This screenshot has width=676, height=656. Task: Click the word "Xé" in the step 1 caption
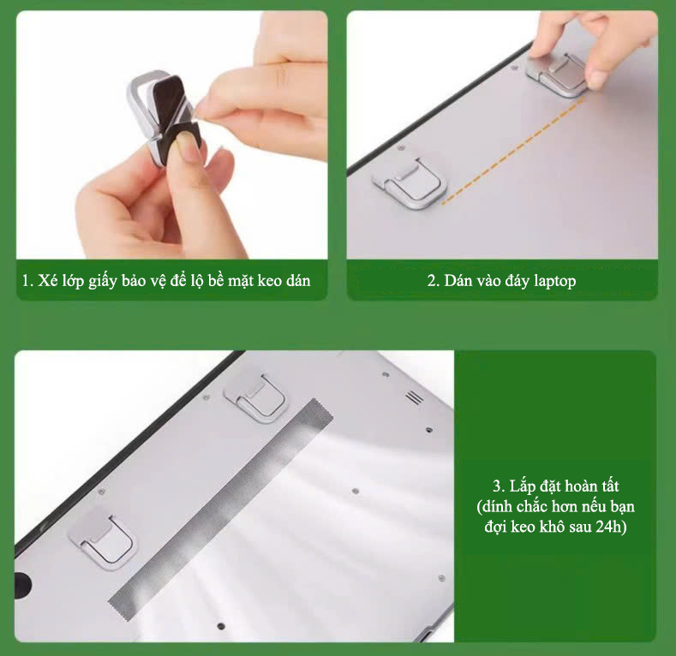click(47, 281)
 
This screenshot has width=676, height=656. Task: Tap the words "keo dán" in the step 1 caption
click(284, 281)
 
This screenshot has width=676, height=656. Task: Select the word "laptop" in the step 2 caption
click(555, 281)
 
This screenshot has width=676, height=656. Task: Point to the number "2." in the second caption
click(433, 281)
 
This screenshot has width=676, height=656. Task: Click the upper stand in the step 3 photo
click(254, 397)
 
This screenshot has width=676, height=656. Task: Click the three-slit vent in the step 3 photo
click(415, 397)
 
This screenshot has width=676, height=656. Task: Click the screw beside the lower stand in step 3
click(102, 492)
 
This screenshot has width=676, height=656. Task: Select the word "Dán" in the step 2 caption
click(458, 281)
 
